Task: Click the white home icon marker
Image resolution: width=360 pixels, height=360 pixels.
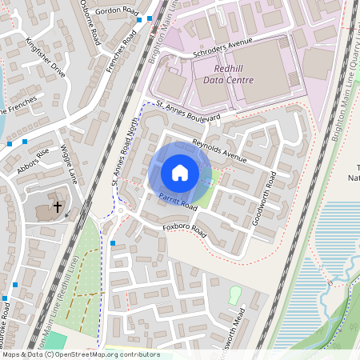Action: (180, 172)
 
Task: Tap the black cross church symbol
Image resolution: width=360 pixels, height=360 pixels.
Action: (58, 207)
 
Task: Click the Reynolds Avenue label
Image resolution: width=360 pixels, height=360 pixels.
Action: (219, 147)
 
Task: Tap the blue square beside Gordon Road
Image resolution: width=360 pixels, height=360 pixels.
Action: (149, 18)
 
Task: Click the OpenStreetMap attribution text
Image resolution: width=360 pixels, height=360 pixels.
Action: (80, 354)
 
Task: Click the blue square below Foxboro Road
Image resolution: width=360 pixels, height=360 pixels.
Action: (113, 243)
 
